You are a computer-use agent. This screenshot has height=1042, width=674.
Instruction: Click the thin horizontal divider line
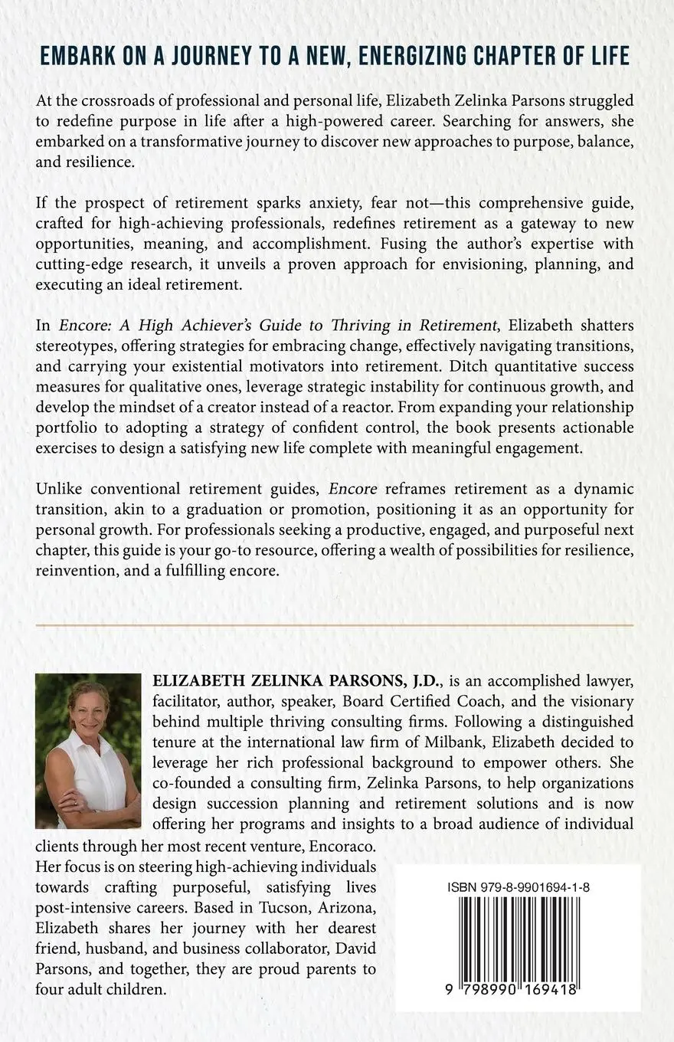[x=335, y=625]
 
